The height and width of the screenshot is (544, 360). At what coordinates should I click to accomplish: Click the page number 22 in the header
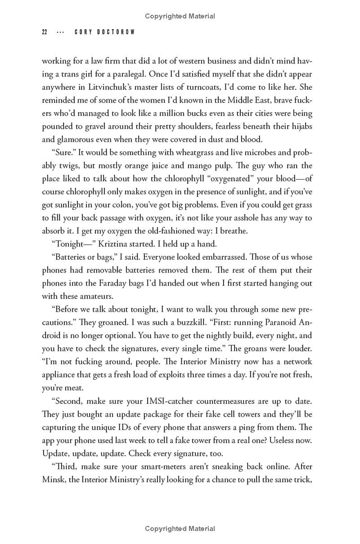click(x=45, y=32)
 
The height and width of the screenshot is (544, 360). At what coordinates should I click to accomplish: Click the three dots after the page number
click(x=60, y=32)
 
